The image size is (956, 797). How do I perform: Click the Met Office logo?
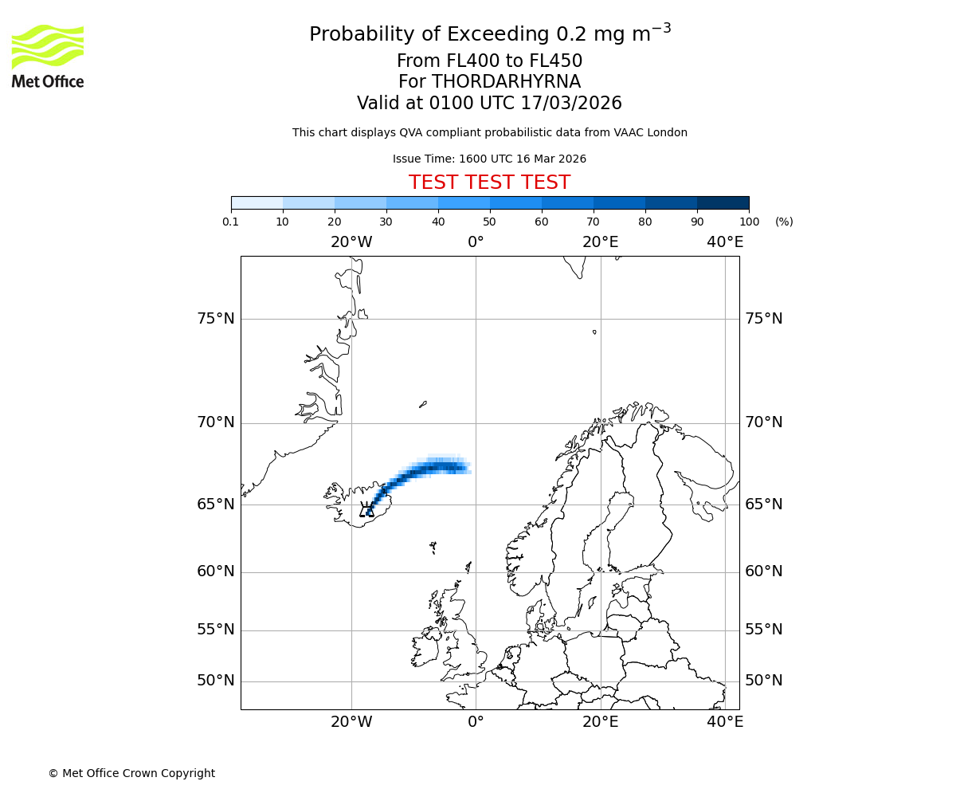pos(48,56)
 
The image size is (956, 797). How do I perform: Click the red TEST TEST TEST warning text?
pos(489,183)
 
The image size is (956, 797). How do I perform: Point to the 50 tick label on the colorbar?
pos(489,222)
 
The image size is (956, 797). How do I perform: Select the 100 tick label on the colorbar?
pos(748,222)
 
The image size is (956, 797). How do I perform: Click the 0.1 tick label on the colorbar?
pos(231,222)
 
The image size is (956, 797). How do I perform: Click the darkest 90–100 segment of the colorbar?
pos(723,202)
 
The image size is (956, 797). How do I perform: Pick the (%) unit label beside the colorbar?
pos(784,222)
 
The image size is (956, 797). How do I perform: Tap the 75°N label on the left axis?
pos(216,319)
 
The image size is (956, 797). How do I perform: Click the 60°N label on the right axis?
pos(764,571)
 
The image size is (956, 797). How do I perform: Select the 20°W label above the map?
pos(351,242)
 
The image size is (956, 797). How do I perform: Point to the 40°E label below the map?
pos(725,722)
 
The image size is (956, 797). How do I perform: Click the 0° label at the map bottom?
pos(476,722)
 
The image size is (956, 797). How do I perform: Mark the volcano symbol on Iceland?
pos(366,510)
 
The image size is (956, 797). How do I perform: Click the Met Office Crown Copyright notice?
pos(131,773)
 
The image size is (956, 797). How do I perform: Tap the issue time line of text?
pos(489,159)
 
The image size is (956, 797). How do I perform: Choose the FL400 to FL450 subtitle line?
pos(489,61)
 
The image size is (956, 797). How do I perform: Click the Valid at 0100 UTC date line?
pos(489,104)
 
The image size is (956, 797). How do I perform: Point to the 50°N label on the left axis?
pos(216,681)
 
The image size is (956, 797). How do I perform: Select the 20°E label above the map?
pos(600,242)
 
